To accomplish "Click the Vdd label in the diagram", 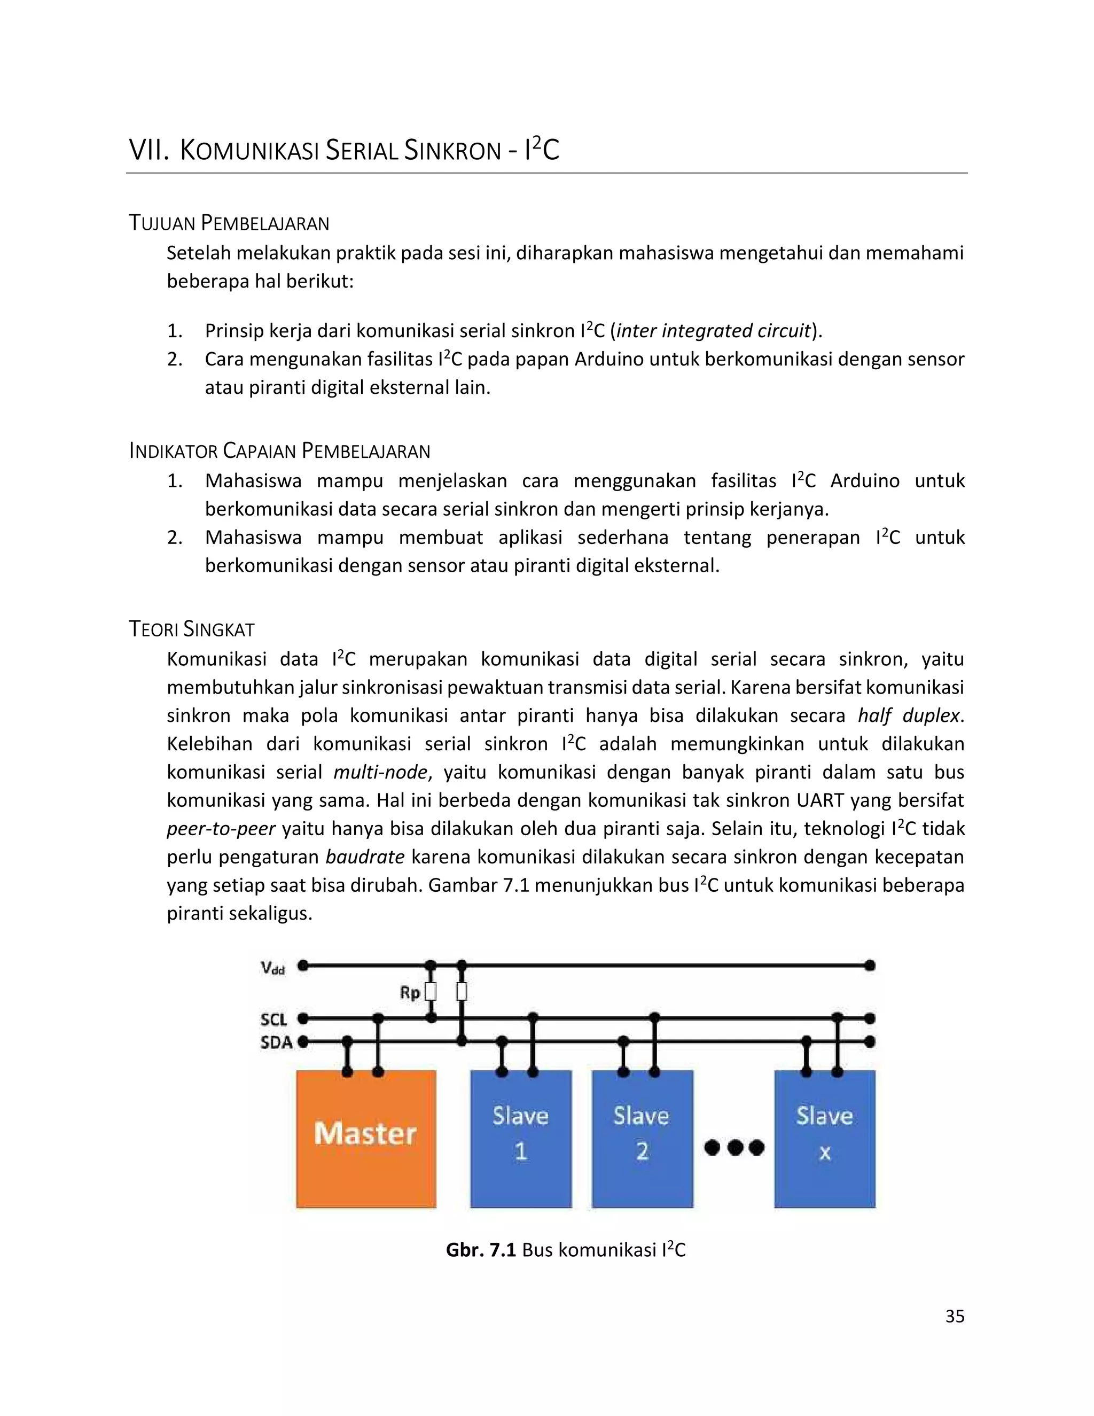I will pos(273,969).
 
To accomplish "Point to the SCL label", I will pos(273,1020).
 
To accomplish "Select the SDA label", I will pos(276,1043).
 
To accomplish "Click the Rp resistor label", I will pos(410,993).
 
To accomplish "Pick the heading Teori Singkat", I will pos(192,629).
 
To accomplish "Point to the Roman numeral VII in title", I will pos(149,151).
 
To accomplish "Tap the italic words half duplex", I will pos(908,716).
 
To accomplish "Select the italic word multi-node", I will pos(380,772).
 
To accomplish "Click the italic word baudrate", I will pos(365,857).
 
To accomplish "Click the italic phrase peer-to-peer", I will pos(221,829).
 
